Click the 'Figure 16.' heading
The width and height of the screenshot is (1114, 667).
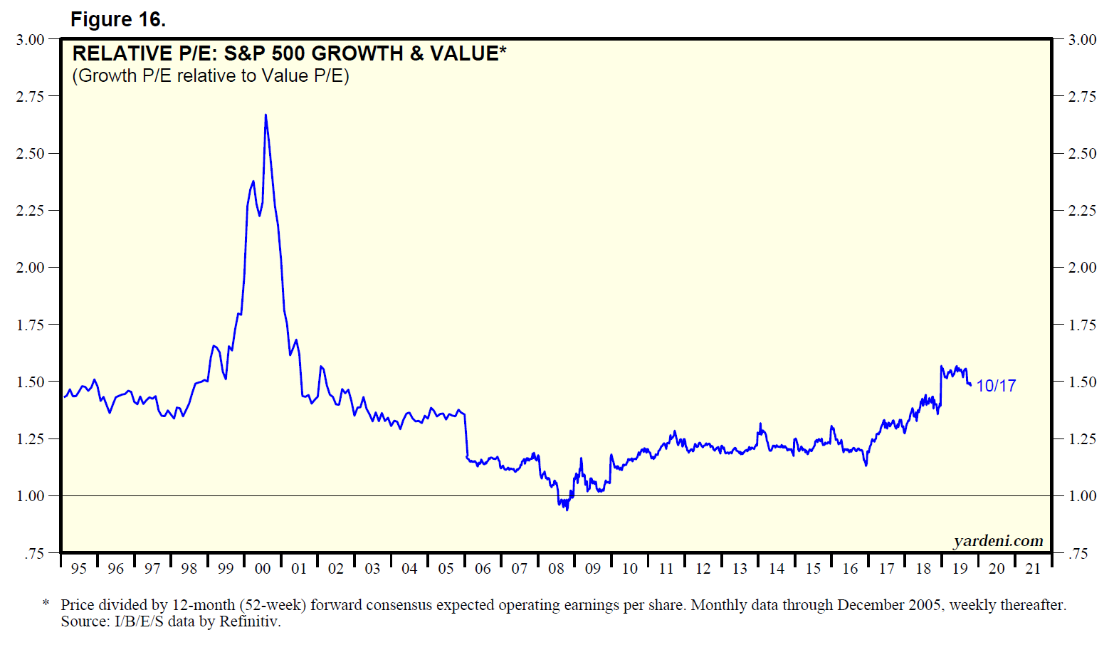(118, 20)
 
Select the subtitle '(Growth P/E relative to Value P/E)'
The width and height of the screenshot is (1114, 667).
(211, 76)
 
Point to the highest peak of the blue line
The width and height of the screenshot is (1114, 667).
(266, 115)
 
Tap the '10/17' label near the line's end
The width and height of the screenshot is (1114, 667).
(996, 386)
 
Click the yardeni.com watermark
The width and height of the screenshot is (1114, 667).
(998, 541)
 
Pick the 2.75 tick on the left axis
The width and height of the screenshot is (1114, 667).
(30, 96)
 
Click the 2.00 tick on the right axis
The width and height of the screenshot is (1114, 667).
(1082, 268)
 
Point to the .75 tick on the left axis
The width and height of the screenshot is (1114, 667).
(33, 553)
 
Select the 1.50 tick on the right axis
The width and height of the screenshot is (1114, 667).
(1082, 382)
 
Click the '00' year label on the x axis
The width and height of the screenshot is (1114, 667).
(263, 569)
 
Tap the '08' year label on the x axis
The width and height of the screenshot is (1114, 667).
(556, 569)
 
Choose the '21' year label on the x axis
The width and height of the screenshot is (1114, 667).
(1033, 569)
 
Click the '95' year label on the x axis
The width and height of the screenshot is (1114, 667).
(79, 569)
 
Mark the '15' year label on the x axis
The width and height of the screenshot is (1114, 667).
(813, 569)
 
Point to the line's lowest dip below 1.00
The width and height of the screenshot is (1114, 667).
(567, 509)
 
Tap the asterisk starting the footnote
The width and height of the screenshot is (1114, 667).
(46, 604)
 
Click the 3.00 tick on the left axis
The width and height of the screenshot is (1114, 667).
(30, 40)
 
